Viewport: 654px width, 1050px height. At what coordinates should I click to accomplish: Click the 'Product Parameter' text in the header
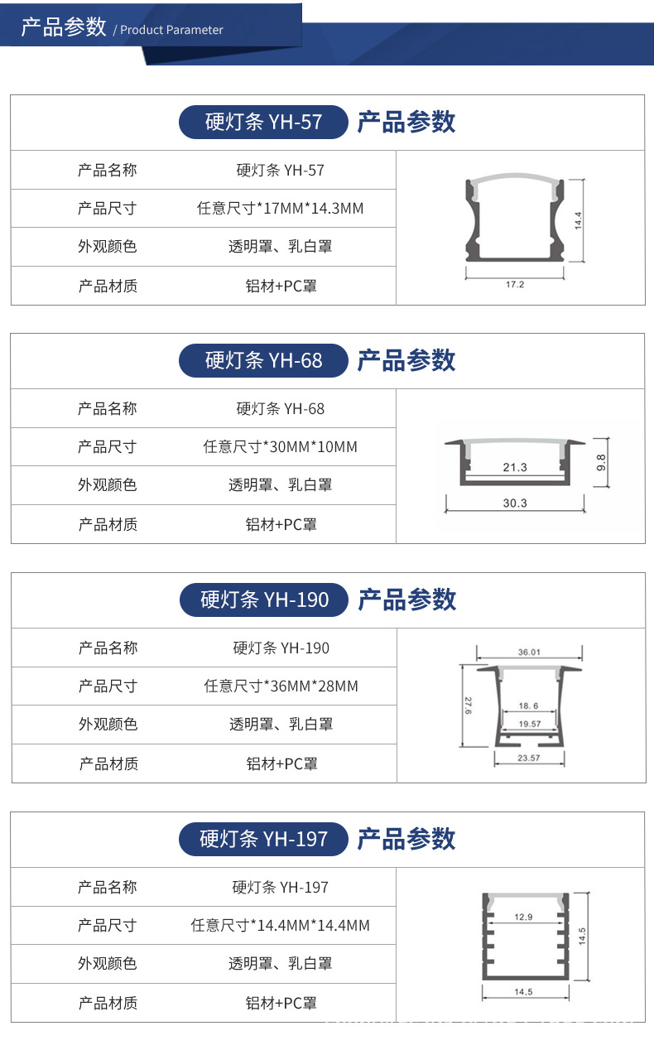coord(171,30)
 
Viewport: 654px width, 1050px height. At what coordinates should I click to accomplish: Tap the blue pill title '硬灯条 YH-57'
coord(263,123)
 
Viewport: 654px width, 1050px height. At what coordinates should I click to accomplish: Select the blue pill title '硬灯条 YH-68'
coord(263,360)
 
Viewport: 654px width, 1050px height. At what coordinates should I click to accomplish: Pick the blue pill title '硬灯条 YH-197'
coord(263,839)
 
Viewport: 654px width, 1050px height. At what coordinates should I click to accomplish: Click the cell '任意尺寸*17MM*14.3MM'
coord(280,209)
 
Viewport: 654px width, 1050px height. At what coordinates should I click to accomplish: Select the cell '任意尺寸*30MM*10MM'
coord(280,447)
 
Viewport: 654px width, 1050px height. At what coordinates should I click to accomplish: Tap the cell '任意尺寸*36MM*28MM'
coord(281,686)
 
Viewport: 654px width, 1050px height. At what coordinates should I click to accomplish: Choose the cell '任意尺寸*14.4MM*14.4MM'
coord(280,925)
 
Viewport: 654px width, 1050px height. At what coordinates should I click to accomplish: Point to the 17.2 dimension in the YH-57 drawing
coord(514,285)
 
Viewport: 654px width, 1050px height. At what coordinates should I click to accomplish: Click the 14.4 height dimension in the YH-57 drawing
coord(579,220)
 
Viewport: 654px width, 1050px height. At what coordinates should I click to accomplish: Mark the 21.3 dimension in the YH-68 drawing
coord(514,468)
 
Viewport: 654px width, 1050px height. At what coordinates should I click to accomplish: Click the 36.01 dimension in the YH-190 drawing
coord(529,653)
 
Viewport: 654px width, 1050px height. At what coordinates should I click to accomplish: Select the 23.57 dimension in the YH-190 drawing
coord(529,758)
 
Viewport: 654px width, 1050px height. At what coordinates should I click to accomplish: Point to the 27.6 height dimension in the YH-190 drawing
coord(467,706)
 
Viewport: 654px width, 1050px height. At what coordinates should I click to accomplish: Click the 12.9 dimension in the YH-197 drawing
coord(523,918)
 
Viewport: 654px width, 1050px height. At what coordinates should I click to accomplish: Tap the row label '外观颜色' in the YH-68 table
coord(108,485)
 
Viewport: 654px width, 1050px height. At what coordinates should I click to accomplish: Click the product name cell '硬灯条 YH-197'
coord(280,888)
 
